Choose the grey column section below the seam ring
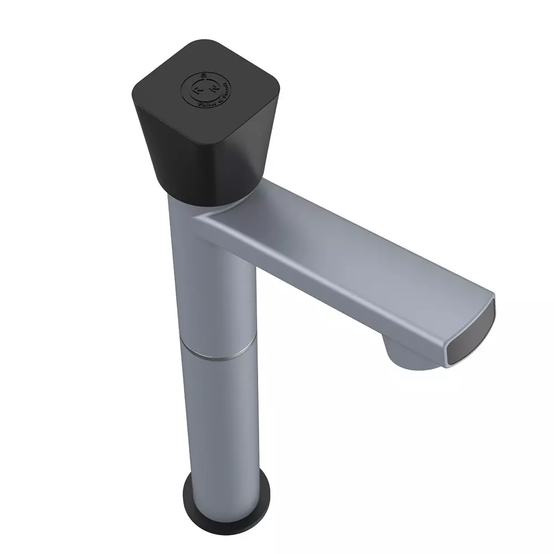pos(222,421)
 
